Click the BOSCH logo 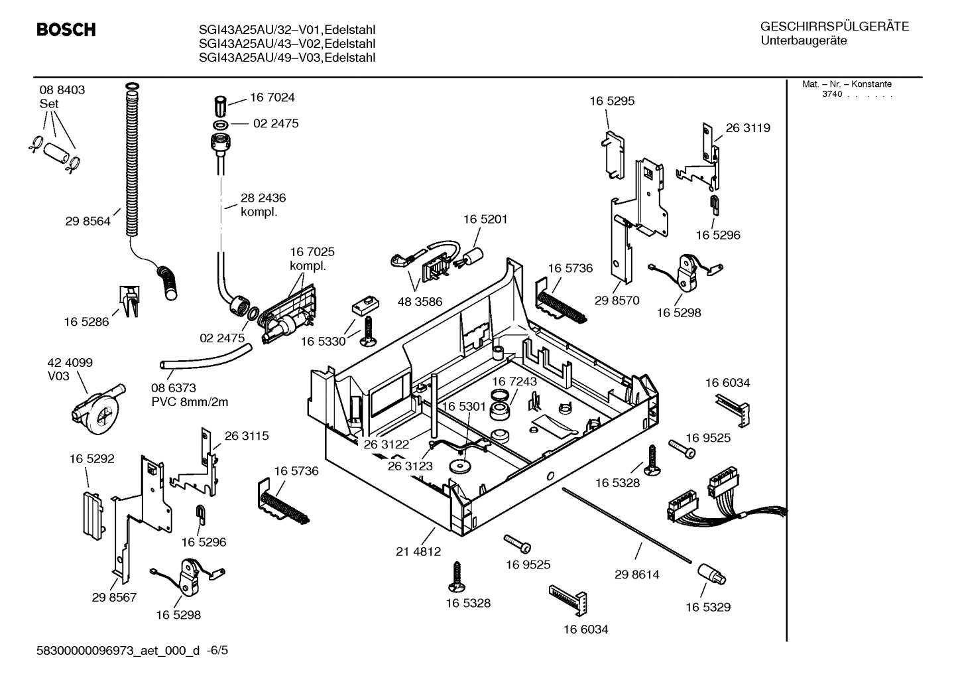click(x=66, y=30)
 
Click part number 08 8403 click(x=62, y=90)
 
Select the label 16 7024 click(x=272, y=98)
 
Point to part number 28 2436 click(x=263, y=198)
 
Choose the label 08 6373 click(x=173, y=388)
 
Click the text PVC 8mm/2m click(x=190, y=402)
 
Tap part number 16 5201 click(x=485, y=219)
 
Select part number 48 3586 click(x=420, y=302)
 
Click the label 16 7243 click(x=514, y=381)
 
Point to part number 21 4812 click(x=418, y=551)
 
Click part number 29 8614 click(x=636, y=575)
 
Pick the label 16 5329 click(x=708, y=607)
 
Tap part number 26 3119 click(x=748, y=128)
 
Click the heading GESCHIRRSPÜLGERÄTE click(x=834, y=27)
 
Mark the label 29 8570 click(x=617, y=301)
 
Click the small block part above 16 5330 click(x=364, y=304)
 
